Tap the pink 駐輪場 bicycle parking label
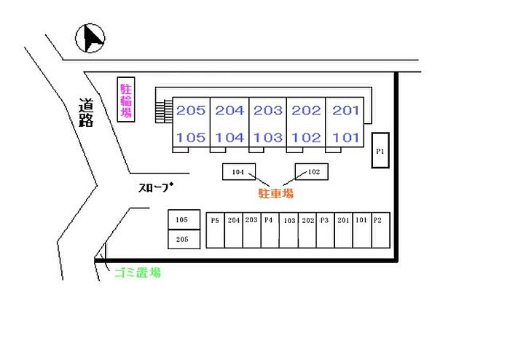pyautogui.click(x=126, y=100)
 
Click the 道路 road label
pyautogui.click(x=86, y=114)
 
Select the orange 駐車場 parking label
pyautogui.click(x=276, y=193)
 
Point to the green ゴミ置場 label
pyautogui.click(x=137, y=273)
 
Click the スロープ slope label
pyautogui.click(x=156, y=187)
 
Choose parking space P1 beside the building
pyautogui.click(x=380, y=151)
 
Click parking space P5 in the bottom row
pyautogui.click(x=215, y=229)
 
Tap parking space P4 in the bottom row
pyautogui.click(x=269, y=229)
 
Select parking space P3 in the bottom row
pyautogui.click(x=325, y=229)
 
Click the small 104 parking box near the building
pyautogui.click(x=238, y=172)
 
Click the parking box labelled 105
pyautogui.click(x=182, y=220)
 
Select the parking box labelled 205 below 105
pyautogui.click(x=182, y=239)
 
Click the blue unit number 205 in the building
pyautogui.click(x=191, y=111)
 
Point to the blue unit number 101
pyautogui.click(x=346, y=137)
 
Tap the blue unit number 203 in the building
pyautogui.click(x=268, y=111)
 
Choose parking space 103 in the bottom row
pyautogui.click(x=289, y=229)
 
